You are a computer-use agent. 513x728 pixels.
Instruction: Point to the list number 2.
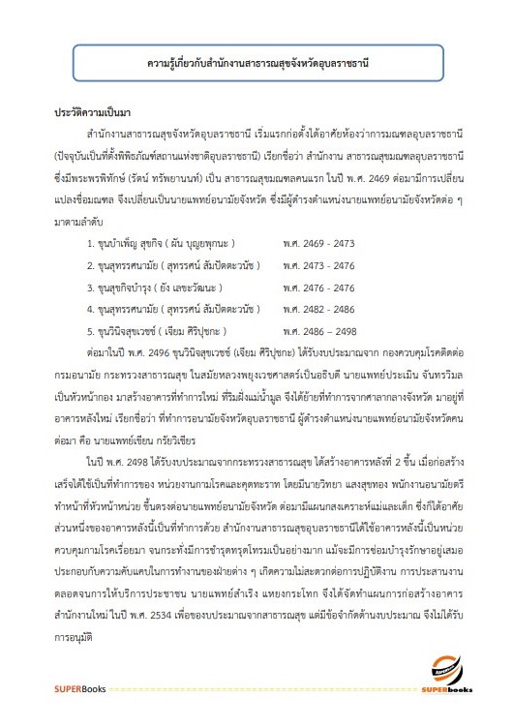(89, 263)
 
